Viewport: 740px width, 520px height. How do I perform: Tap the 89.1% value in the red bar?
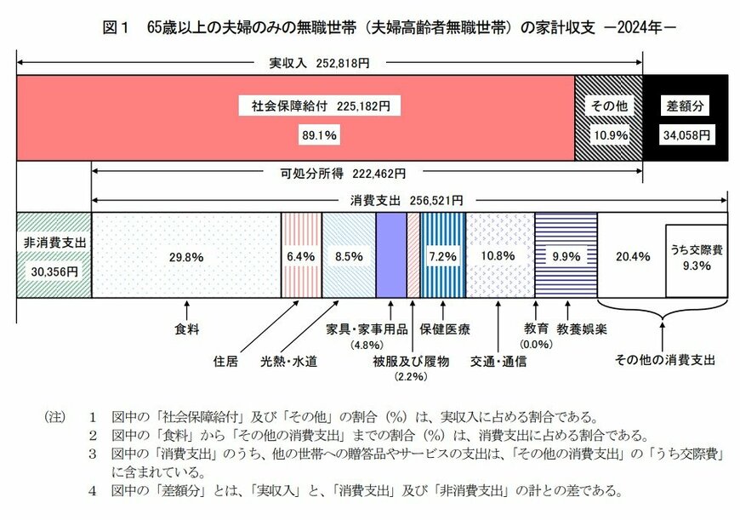point(319,134)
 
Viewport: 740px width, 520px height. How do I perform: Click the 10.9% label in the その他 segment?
point(608,134)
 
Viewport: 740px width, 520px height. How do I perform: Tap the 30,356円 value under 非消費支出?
point(54,271)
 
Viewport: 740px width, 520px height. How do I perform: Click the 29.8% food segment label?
point(185,255)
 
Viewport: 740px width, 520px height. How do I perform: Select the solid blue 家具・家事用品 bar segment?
point(390,254)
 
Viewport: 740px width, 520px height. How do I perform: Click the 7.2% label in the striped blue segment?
point(442,255)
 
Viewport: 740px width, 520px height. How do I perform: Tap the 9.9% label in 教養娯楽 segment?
point(566,255)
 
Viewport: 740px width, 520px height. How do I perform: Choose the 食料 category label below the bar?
point(185,327)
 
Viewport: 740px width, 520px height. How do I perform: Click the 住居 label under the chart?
point(225,361)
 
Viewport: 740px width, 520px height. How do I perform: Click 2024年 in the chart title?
point(638,26)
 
